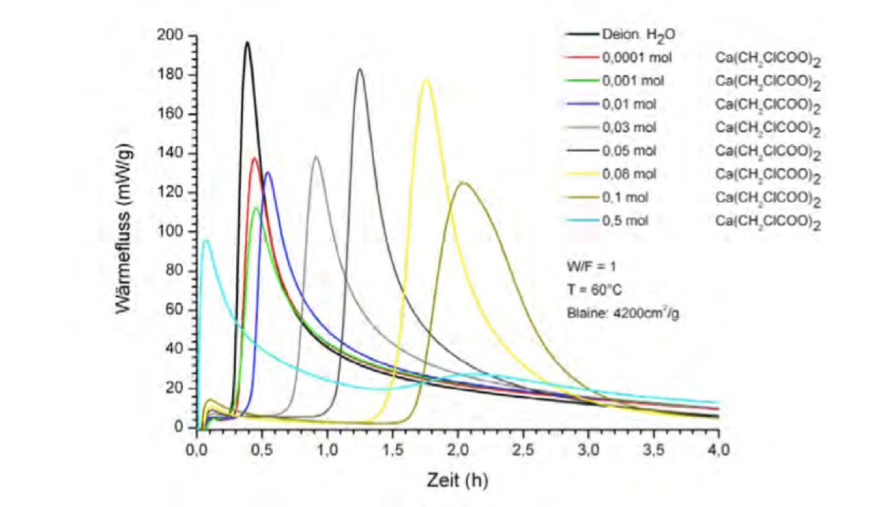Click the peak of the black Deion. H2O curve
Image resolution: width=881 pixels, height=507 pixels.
pos(247,42)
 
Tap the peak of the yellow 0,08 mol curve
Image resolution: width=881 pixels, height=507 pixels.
pos(426,80)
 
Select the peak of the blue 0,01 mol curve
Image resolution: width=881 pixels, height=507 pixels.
pos(267,173)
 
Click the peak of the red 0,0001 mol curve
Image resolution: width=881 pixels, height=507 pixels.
pos(255,158)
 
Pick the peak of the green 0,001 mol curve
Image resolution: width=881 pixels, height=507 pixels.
pos(256,207)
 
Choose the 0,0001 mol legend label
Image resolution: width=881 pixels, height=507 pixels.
pos(637,58)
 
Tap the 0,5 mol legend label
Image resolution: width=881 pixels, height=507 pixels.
pos(625,220)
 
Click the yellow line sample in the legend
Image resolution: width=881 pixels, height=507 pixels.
pos(582,174)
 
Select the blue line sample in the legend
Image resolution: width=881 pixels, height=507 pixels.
pos(582,104)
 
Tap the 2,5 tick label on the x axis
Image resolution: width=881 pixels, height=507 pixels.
pos(523,450)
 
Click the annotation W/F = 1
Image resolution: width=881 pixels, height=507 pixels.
pos(591,267)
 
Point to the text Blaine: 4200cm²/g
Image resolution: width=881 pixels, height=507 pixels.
pos(623,313)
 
